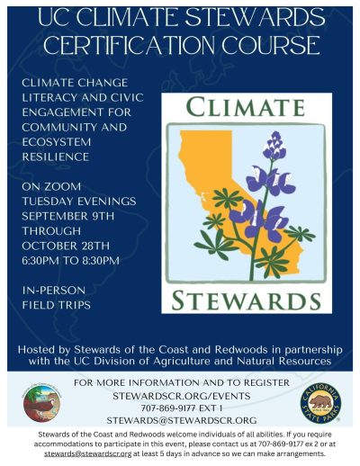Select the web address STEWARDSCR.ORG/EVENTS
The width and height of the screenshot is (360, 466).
click(x=180, y=394)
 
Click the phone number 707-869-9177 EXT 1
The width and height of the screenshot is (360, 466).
click(x=180, y=407)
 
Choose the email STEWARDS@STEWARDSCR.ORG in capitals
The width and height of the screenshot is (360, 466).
click(x=180, y=420)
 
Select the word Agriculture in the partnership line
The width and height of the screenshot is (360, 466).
click(x=200, y=361)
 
